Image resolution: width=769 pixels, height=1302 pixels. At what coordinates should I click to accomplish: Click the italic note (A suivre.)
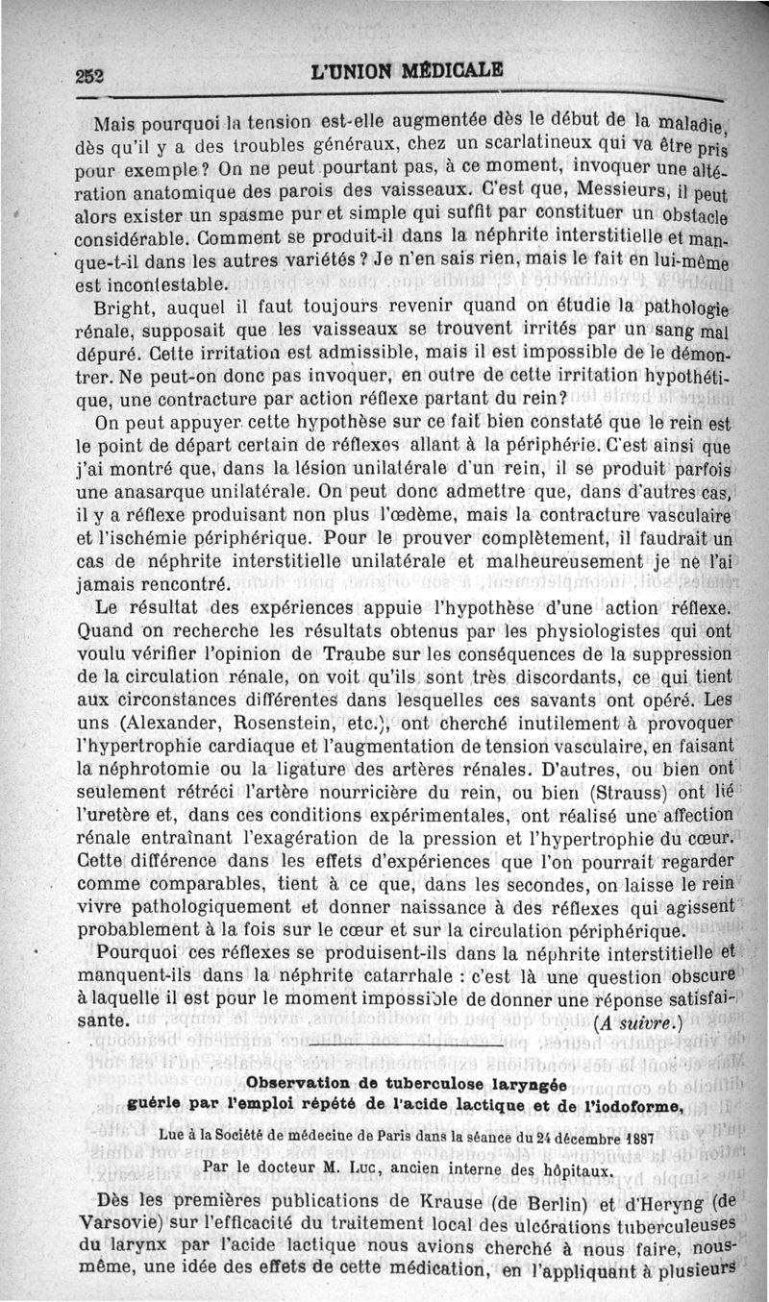640,1020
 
